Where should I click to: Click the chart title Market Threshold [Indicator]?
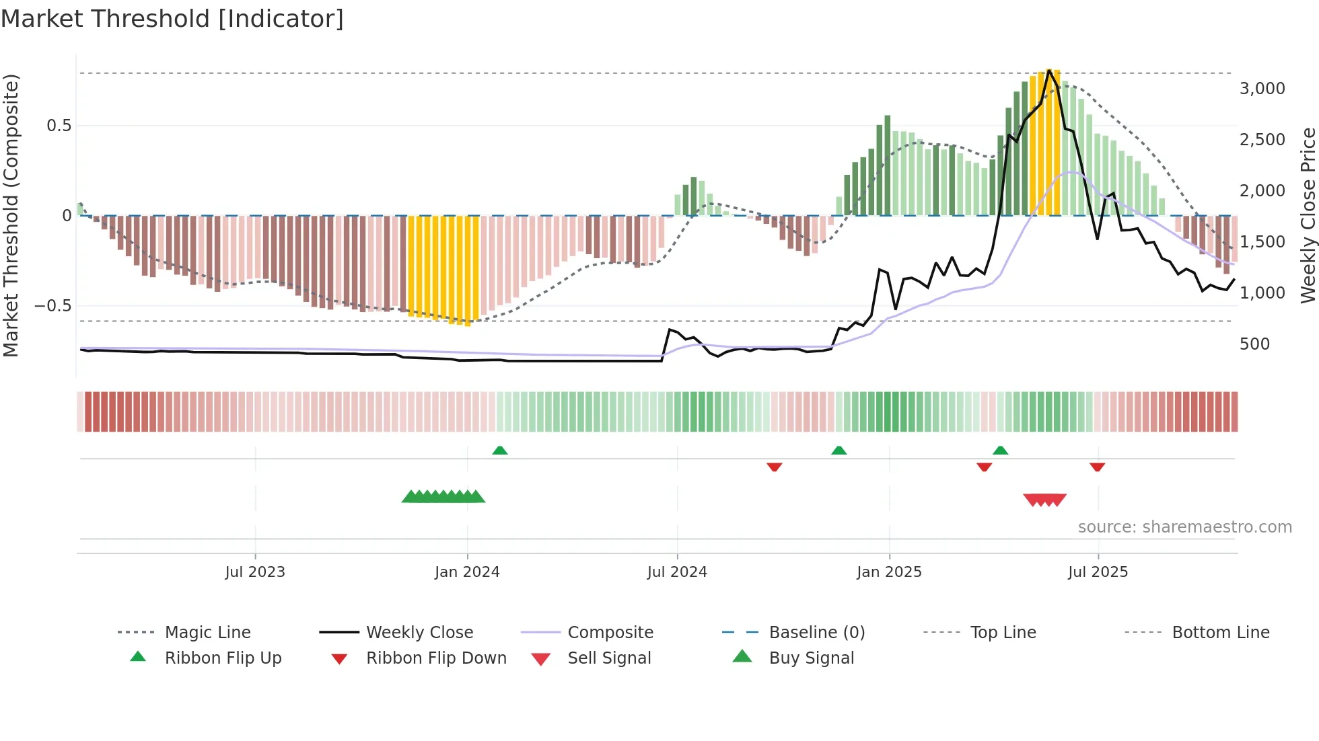click(x=172, y=19)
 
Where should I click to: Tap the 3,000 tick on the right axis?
click(x=1262, y=89)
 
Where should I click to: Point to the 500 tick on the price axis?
click(x=1254, y=344)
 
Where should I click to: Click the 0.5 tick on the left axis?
click(x=59, y=126)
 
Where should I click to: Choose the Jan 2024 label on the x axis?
click(x=467, y=572)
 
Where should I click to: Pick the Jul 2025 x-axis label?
click(x=1098, y=572)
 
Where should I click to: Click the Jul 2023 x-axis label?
click(x=255, y=572)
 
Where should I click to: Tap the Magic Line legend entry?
click(x=207, y=633)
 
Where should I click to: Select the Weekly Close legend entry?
click(x=419, y=633)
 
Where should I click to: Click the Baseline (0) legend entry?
click(x=816, y=633)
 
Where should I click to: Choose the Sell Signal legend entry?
click(x=609, y=658)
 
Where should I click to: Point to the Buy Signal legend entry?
click(x=811, y=658)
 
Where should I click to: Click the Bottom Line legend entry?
click(x=1220, y=633)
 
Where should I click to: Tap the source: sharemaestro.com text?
click(x=1184, y=527)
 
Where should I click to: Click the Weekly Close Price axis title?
click(x=1308, y=215)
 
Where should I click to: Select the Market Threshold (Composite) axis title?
click(x=11, y=215)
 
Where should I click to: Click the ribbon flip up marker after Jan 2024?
click(x=499, y=451)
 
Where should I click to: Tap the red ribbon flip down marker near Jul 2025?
click(x=1097, y=467)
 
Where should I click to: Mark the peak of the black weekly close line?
click(x=1049, y=71)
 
